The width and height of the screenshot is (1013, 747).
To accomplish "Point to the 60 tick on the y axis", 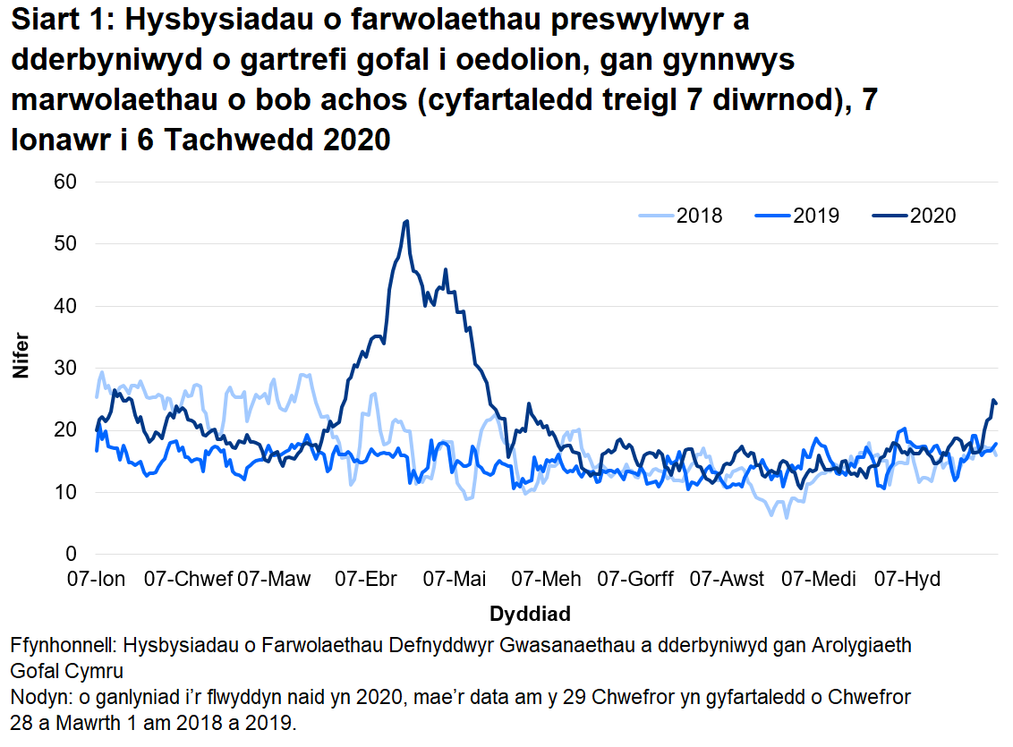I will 66,182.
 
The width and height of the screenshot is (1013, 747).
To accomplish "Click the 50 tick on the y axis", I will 66,243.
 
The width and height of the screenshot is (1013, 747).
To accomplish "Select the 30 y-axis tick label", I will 66,368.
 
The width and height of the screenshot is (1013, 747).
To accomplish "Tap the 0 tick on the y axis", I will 72,554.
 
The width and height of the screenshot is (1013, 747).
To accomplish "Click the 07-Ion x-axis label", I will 97,579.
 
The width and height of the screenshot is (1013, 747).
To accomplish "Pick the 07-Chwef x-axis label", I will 189,579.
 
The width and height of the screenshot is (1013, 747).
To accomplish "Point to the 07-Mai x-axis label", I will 455,579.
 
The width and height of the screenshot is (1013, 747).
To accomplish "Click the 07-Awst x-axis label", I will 726,579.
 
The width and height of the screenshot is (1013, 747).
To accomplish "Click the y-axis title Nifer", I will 22,355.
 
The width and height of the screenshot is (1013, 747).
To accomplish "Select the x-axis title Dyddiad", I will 530,615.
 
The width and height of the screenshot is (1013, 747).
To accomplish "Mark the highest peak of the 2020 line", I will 407,221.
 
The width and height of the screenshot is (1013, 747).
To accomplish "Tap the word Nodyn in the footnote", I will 36,696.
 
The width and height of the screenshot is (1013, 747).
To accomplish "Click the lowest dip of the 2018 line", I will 787,517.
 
